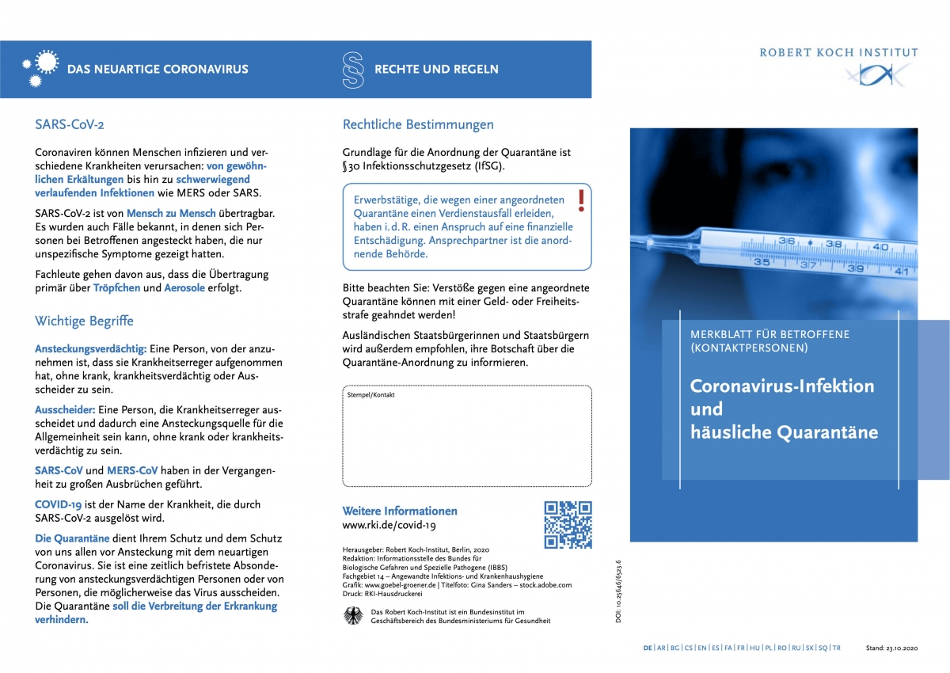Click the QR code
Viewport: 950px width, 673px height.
(568, 525)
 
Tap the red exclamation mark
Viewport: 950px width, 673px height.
(581, 201)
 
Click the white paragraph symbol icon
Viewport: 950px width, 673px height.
(353, 70)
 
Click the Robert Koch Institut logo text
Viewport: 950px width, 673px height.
(838, 53)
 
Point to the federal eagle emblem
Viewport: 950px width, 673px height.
(353, 616)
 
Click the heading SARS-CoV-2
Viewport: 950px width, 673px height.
(70, 124)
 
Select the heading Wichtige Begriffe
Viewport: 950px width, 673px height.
(84, 321)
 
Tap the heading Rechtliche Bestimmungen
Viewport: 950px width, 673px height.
(418, 124)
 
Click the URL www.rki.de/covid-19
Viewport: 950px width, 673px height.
(389, 525)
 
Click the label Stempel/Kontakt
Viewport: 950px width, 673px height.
(370, 394)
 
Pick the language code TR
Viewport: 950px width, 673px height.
(836, 648)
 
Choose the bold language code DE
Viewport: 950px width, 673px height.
(648, 648)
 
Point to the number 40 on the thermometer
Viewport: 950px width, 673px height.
(880, 247)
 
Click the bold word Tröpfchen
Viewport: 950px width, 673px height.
(116, 288)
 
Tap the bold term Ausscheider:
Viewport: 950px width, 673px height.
(65, 410)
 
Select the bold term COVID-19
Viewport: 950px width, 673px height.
(59, 504)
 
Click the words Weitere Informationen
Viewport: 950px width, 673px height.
(399, 511)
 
